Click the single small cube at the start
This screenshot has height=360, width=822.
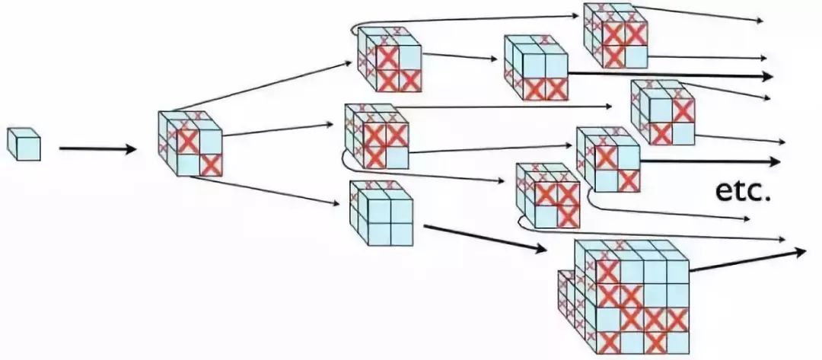(23, 144)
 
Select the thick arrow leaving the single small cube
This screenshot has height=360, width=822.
(97, 148)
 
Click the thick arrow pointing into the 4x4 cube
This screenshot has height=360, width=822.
(484, 237)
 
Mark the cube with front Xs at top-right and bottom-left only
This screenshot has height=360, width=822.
(662, 114)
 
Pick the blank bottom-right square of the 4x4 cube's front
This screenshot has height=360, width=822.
(677, 342)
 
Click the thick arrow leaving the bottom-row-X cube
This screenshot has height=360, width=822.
(670, 75)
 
